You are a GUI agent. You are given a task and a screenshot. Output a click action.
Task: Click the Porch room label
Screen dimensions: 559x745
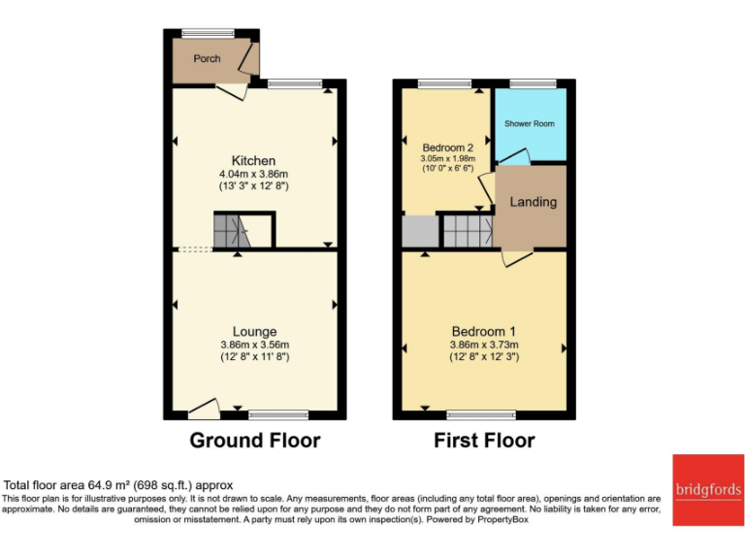coord(207,58)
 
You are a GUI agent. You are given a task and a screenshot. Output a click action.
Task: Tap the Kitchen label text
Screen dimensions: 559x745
coord(253,160)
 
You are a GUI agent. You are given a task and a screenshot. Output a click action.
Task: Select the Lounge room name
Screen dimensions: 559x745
coord(254,332)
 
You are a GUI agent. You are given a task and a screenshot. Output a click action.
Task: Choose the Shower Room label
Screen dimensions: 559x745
coord(530,124)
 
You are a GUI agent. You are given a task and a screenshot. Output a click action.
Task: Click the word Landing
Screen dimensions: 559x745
coord(534,202)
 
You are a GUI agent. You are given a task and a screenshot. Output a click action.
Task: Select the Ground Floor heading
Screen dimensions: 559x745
coord(254,441)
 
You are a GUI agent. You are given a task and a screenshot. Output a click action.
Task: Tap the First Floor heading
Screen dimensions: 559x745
coord(484,441)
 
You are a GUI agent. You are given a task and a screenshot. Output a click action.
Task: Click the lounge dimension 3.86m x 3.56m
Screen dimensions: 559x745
coord(254,345)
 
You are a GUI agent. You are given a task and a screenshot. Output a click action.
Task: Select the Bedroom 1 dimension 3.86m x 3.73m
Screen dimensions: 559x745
coord(484,345)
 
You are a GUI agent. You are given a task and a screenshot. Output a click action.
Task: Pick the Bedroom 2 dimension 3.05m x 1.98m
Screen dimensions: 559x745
coord(448,159)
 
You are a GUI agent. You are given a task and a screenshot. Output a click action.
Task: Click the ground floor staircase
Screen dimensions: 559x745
coord(233,231)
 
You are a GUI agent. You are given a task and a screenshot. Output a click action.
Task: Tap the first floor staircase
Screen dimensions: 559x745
coord(467,231)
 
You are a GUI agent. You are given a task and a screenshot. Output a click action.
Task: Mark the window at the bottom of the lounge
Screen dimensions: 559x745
coord(275,414)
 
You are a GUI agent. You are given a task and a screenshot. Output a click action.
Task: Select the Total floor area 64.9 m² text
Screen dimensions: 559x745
coord(118,485)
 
